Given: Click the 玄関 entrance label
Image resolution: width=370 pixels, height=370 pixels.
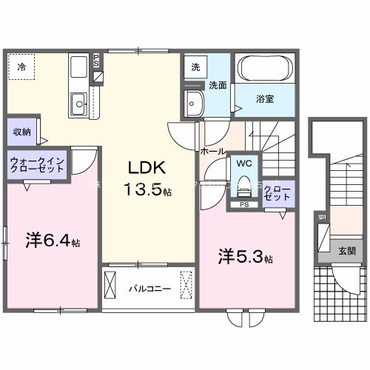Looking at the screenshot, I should [x=346, y=251].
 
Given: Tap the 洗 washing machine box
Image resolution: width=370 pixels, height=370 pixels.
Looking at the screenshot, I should [x=195, y=67].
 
